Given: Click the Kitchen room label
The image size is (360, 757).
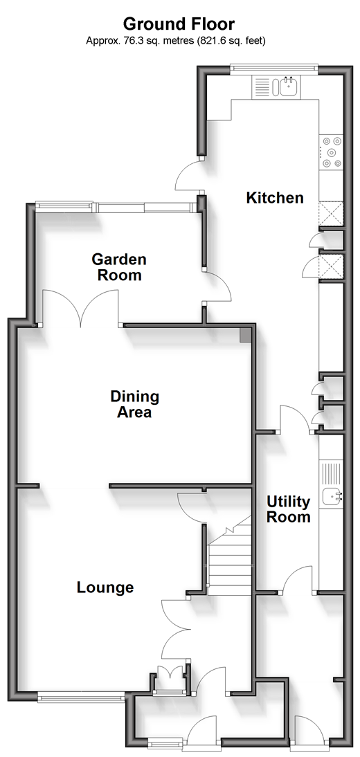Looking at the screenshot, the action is pyautogui.click(x=275, y=197).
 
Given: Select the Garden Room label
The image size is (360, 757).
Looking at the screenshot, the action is pyautogui.click(x=119, y=267).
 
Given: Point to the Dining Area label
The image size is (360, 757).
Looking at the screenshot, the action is pyautogui.click(x=134, y=405).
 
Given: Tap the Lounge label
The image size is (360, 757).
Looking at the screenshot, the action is pyautogui.click(x=105, y=587).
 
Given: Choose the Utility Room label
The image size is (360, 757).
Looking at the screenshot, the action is pyautogui.click(x=289, y=509).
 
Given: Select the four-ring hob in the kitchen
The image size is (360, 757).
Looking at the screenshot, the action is pyautogui.click(x=332, y=152).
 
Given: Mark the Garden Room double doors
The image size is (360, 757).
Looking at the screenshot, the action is pyautogui.click(x=80, y=307).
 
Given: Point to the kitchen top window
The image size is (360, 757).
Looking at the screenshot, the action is pyautogui.click(x=274, y=68).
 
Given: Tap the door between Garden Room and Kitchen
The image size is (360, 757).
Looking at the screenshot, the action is pyautogui.click(x=217, y=287).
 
